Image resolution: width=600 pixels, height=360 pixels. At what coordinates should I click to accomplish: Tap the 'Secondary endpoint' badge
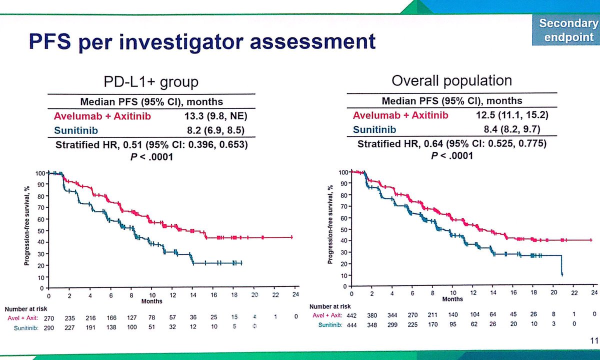(568, 30)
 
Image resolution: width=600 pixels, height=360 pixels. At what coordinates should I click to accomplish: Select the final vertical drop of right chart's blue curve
(562, 265)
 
